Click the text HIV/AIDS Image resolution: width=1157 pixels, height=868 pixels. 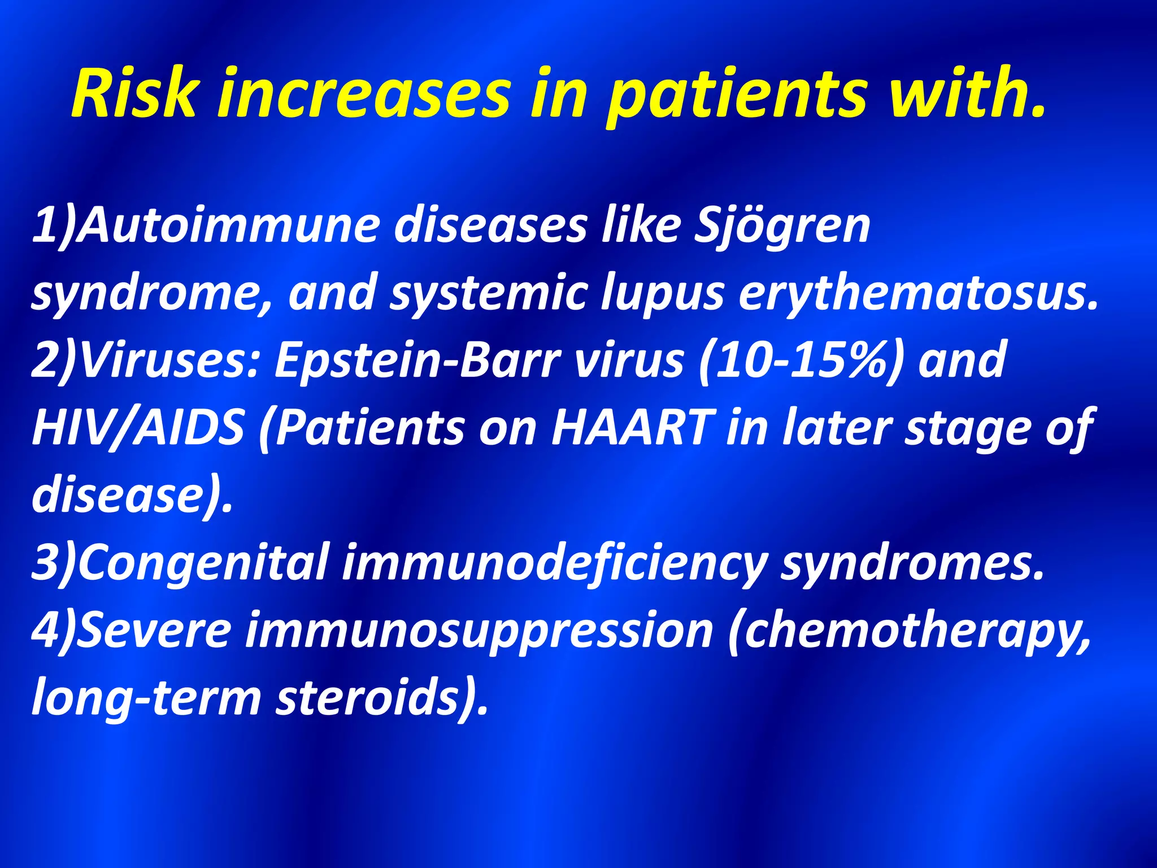[138, 428]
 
